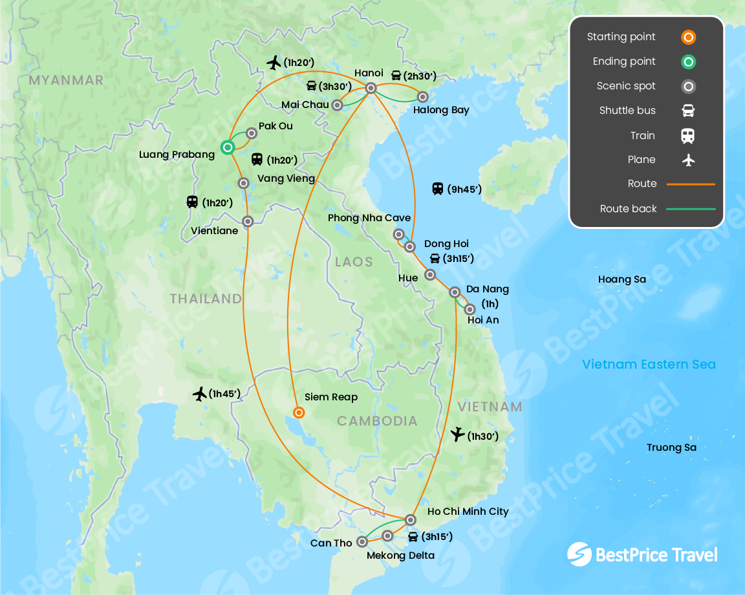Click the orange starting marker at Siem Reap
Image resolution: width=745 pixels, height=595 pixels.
click(299, 412)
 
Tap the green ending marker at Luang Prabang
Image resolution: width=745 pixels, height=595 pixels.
click(228, 147)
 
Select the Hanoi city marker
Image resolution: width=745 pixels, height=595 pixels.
click(371, 88)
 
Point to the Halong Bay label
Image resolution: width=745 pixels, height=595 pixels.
click(441, 110)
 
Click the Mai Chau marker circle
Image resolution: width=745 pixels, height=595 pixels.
click(337, 105)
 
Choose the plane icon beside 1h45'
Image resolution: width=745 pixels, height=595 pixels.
click(200, 393)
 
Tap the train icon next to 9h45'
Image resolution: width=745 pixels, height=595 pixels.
click(438, 189)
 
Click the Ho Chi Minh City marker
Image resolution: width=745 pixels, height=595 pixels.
click(410, 519)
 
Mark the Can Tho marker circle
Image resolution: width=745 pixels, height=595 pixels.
click(362, 542)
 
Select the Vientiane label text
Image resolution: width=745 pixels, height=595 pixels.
click(215, 230)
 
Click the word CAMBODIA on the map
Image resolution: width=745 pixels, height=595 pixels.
click(377, 421)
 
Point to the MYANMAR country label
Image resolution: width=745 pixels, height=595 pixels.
click(66, 80)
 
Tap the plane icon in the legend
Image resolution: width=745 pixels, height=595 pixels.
click(688, 160)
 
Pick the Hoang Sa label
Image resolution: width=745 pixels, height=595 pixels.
click(621, 279)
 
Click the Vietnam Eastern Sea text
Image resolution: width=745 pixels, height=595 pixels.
click(649, 364)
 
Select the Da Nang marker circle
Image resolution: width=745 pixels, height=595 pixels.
click(455, 292)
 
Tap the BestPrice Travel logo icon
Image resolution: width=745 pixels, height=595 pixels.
click(579, 554)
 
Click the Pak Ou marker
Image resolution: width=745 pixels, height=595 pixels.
click(252, 133)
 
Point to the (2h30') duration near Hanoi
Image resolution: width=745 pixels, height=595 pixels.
click(420, 76)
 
